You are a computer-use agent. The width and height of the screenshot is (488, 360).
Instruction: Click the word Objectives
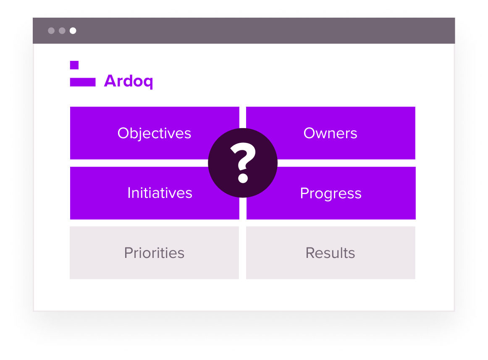(154, 133)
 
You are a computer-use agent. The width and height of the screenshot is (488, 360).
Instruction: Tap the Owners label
(330, 133)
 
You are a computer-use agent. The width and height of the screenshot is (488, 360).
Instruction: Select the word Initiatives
(160, 193)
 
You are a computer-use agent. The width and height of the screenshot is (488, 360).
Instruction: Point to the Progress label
(331, 193)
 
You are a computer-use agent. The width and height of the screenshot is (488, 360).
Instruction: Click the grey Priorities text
(154, 253)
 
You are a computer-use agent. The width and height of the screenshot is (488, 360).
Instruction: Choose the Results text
(330, 253)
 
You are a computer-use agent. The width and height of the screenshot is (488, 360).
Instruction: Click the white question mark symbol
(243, 158)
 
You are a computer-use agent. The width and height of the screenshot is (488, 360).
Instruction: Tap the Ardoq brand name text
(129, 81)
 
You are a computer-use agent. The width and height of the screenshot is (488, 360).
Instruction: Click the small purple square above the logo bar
(74, 65)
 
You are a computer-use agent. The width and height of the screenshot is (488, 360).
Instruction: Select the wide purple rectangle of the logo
(83, 82)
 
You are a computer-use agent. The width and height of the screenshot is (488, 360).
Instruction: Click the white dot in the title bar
(73, 31)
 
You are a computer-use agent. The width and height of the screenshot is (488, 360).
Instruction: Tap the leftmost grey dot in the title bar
(51, 31)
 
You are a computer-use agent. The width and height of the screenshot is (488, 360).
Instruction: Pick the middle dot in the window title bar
(62, 31)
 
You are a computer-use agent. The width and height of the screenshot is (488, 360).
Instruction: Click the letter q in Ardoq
(148, 82)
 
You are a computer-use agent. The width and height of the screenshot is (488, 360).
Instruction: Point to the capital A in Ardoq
(110, 81)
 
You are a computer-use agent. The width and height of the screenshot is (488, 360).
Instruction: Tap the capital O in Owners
(309, 133)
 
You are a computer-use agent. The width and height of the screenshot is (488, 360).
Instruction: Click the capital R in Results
(310, 253)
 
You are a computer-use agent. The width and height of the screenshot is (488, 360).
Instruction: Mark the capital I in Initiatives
(129, 193)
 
